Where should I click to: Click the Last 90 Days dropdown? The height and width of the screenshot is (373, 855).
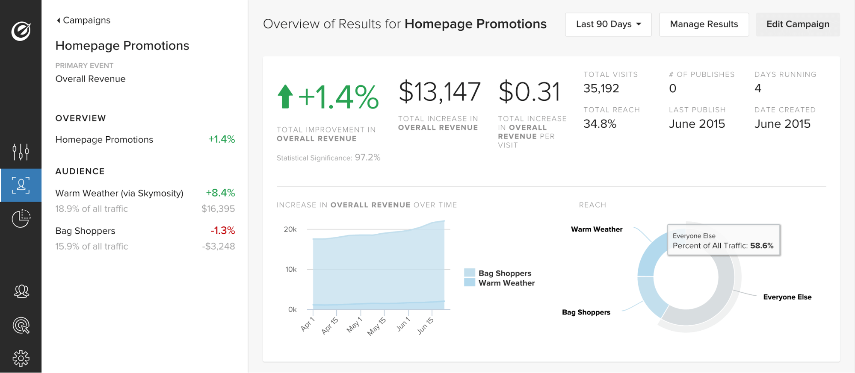(x=608, y=24)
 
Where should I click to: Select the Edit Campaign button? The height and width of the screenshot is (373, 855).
(x=797, y=24)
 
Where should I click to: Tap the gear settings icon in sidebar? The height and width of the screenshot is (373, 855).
(x=21, y=358)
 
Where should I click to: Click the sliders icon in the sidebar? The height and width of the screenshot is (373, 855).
(x=21, y=152)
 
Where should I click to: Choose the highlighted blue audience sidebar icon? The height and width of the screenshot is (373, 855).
(x=21, y=185)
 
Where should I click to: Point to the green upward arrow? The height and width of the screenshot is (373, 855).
(x=285, y=97)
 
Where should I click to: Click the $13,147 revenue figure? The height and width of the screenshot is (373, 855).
(x=439, y=92)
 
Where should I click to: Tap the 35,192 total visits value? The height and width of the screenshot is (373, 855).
(x=601, y=88)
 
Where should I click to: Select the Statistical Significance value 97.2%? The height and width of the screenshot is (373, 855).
(x=367, y=158)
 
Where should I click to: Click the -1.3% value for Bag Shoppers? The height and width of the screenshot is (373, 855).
(x=222, y=231)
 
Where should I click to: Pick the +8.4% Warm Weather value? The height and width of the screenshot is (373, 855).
(x=220, y=193)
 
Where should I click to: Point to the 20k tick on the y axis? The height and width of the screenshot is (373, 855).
(x=290, y=229)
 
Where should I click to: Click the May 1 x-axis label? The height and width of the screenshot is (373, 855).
(x=354, y=325)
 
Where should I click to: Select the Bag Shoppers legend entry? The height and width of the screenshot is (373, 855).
(x=504, y=273)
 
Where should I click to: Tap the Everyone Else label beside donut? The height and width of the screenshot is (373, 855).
(x=787, y=297)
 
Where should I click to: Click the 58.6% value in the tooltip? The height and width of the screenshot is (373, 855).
(x=761, y=246)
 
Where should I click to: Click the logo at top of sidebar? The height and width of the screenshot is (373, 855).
(x=21, y=31)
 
